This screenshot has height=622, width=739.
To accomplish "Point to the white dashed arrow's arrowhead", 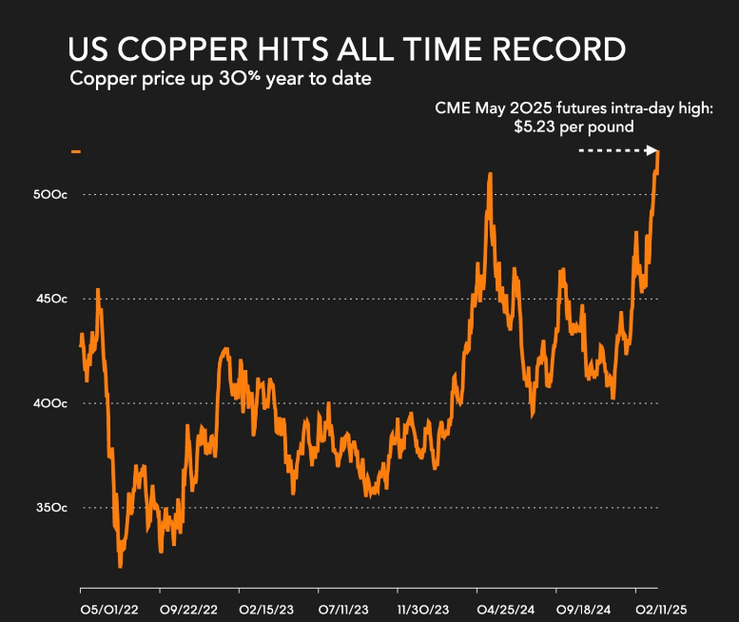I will pos(653,150).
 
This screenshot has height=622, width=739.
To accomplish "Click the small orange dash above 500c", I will pos(76,151).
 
